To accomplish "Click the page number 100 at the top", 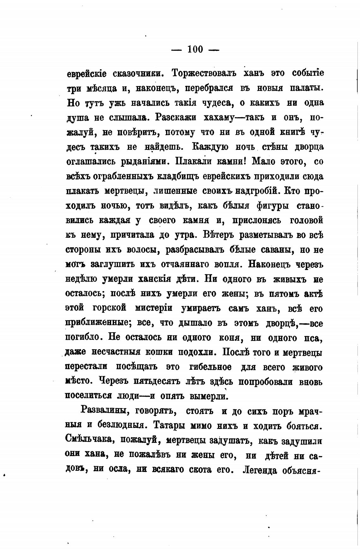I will coord(195,49).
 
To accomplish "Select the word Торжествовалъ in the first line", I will coord(204,73).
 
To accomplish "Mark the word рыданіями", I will coord(144,162).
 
